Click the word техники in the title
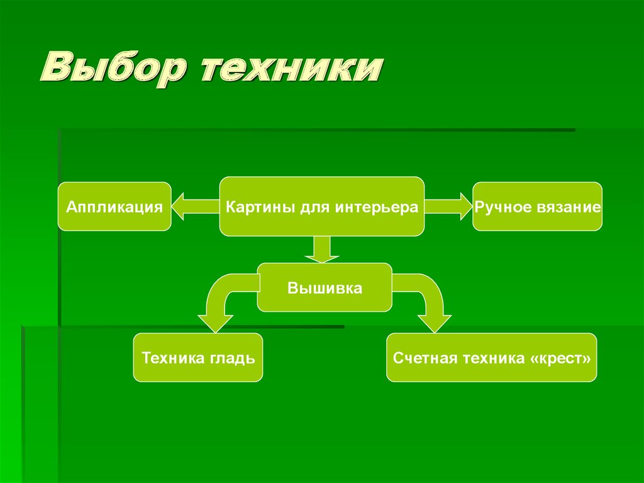point(291,71)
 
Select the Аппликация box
point(114,207)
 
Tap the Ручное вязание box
point(537,207)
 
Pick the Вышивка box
point(325,288)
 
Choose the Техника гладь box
point(198,358)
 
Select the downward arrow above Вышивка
point(322,249)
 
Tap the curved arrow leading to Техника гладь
point(220,302)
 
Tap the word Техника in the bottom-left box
point(172,358)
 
